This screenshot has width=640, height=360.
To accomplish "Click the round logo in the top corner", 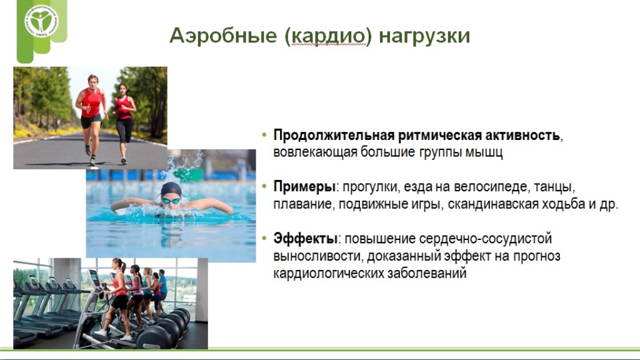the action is [41, 21].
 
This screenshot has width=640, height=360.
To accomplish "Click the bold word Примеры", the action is [304, 187].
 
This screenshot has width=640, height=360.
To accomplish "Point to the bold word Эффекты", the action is [305, 238].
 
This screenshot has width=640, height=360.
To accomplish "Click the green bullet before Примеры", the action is [264, 186].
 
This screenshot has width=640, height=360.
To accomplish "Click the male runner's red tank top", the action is [92, 102].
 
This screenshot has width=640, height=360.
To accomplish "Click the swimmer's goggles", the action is [171, 201].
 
